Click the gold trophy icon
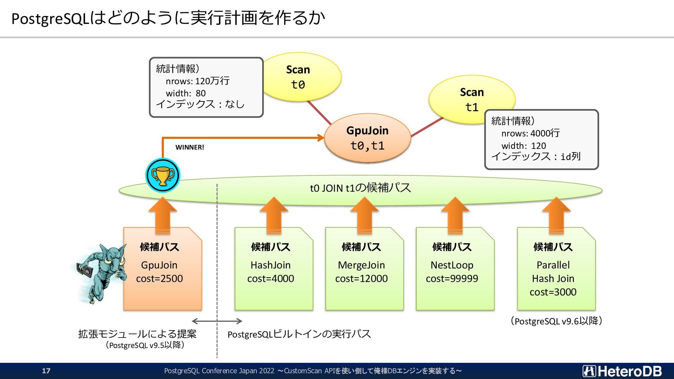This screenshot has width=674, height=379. point(163,175)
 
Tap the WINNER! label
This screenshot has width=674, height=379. point(190,147)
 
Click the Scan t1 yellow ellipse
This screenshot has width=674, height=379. point(472,100)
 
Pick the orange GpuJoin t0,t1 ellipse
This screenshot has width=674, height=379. point(367,138)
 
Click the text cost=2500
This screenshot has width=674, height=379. point(159,279)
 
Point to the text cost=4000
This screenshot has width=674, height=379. point(271,279)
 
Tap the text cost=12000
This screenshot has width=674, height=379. point(362,279)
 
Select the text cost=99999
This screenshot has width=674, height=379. point(452,279)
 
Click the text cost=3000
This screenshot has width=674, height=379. point(553,292)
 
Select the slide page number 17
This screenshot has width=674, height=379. point(46,371)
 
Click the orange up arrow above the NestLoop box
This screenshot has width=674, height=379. point(455,215)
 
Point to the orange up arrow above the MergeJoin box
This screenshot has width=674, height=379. point(364,215)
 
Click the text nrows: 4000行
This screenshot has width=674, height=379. point(530,133)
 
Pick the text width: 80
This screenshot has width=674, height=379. point(186,93)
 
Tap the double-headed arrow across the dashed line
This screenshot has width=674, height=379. point(217,321)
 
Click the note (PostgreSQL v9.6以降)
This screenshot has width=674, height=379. point(556,321)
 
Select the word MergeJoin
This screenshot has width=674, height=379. point(362,265)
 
